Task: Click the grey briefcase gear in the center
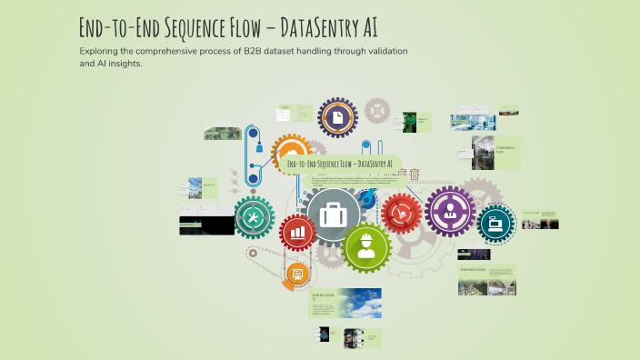click(x=334, y=215)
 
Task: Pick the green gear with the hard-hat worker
click(x=365, y=246)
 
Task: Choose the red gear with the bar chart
click(x=297, y=234)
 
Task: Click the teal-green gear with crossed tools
click(x=255, y=217)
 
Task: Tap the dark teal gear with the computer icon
click(x=495, y=222)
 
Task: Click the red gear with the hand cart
click(x=401, y=214)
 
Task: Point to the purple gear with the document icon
click(x=337, y=118)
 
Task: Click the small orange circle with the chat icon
click(x=295, y=274)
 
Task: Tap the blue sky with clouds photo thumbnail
click(x=359, y=302)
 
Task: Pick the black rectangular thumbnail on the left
click(x=205, y=225)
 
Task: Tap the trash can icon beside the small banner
click(x=415, y=175)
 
